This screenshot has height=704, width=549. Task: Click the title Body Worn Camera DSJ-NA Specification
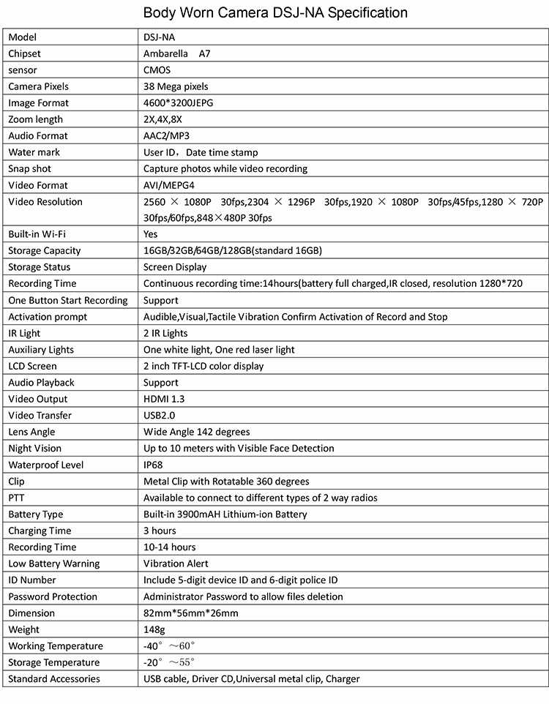click(275, 12)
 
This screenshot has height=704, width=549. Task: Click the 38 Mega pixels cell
click(176, 86)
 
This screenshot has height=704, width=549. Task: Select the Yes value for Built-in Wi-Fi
click(151, 234)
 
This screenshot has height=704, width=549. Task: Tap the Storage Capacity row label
click(45, 251)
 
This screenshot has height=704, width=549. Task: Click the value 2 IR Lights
click(165, 333)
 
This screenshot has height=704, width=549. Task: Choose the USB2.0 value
click(159, 416)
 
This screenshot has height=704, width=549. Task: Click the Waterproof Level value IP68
click(154, 465)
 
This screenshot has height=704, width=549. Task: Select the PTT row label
click(17, 498)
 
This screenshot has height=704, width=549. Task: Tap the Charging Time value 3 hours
click(160, 531)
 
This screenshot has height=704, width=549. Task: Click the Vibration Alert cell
click(176, 563)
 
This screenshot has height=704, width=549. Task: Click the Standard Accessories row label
click(54, 679)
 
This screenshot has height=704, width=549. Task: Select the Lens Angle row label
click(31, 432)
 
